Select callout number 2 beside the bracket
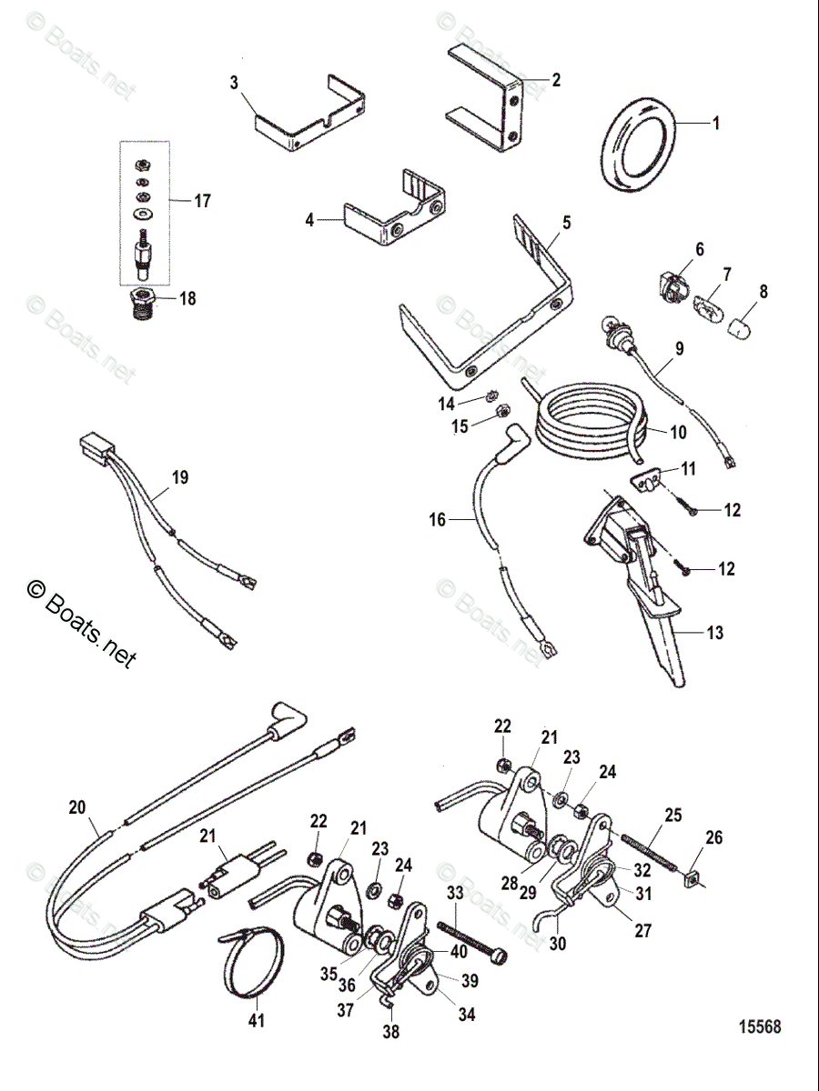click(x=555, y=80)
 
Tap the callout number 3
click(x=234, y=83)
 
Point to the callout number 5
click(x=567, y=221)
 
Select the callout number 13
click(x=716, y=633)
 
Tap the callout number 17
click(x=202, y=201)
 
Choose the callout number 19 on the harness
click(x=180, y=476)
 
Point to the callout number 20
click(x=76, y=806)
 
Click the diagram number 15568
click(x=759, y=1027)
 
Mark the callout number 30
click(x=557, y=944)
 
